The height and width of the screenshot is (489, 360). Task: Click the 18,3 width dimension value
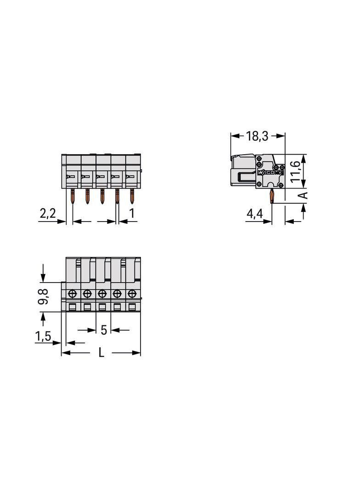(258, 136)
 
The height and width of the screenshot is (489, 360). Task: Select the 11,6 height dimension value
(296, 171)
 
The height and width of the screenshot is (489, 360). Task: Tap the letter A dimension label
(303, 195)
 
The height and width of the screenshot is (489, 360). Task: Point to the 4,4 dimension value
(255, 214)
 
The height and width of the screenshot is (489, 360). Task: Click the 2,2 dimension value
(47, 213)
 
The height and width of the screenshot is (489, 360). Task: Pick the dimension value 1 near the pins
(132, 213)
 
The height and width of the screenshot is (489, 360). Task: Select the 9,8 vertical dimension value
(43, 297)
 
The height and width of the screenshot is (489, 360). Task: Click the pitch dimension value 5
(103, 330)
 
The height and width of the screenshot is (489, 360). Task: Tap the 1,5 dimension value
(43, 336)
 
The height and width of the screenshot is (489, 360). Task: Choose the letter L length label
(101, 353)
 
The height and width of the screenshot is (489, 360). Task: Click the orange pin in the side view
(272, 196)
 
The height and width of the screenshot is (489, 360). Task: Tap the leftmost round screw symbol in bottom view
(72, 293)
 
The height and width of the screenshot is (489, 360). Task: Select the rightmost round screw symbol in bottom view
(132, 293)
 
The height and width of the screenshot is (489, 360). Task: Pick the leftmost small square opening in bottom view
(72, 306)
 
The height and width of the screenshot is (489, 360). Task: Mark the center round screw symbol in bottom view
(102, 293)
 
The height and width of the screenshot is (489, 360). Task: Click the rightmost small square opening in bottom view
(132, 306)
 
